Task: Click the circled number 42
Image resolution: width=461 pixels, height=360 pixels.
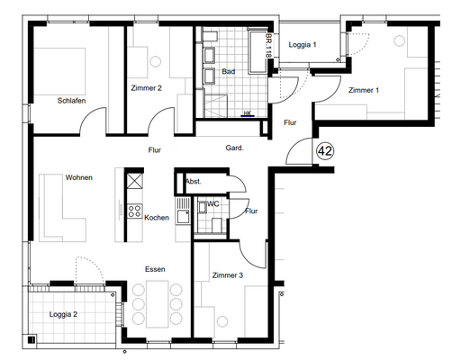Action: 325,150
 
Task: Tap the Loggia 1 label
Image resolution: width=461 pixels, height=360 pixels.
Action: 303,45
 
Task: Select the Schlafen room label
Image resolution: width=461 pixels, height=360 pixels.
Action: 71,101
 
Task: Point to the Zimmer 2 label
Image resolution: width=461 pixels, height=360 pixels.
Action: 147,88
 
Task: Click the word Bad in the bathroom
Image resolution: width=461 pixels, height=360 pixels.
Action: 229,71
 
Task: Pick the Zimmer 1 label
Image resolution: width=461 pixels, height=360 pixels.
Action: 364,90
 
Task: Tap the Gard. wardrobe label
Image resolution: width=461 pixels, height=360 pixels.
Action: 234,148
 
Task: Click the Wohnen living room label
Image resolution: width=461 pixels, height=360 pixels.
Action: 79,177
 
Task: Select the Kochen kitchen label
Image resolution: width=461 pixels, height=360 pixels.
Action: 157,218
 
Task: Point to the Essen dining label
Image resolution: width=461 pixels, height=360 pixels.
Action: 155,269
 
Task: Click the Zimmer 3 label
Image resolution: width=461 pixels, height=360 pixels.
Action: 228,275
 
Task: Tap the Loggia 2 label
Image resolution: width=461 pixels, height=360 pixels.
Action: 63,314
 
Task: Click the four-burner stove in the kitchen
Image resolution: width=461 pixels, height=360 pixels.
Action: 134,211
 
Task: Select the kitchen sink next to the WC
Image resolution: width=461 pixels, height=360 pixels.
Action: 183,211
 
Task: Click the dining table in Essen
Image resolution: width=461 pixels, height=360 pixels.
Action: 158,304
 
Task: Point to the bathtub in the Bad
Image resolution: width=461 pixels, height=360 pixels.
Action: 258,51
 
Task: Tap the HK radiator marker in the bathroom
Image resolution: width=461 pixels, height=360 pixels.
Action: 248,113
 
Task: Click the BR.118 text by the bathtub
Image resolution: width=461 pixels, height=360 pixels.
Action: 268,45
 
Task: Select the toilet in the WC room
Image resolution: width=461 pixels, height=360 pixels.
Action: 217,225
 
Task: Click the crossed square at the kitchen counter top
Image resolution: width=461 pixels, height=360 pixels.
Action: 134,181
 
